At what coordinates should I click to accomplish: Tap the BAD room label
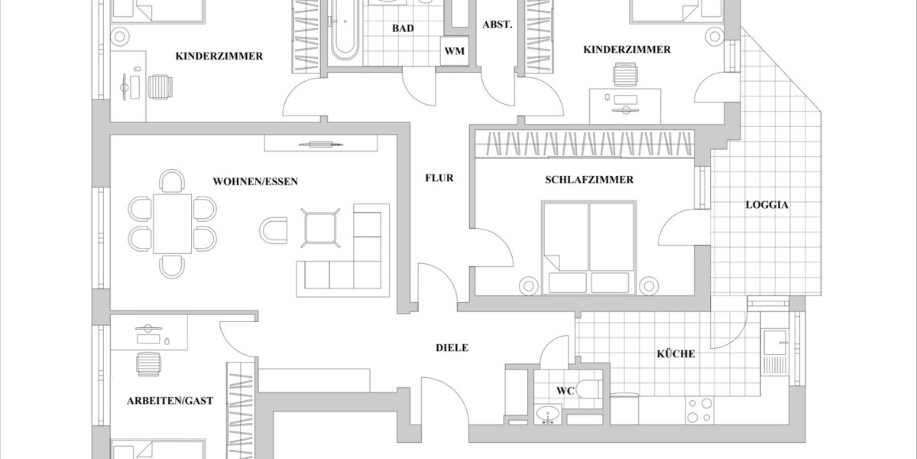[x=403, y=28]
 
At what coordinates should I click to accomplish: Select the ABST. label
[x=497, y=24]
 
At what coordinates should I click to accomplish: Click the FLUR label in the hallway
[x=439, y=178]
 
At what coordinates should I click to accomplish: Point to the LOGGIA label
[x=767, y=205]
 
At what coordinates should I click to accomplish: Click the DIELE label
[x=452, y=348]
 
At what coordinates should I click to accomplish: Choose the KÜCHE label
[x=676, y=354]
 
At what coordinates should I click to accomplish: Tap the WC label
[x=565, y=391]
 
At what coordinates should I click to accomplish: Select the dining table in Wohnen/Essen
[x=172, y=223]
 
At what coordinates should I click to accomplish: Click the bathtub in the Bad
[x=344, y=31]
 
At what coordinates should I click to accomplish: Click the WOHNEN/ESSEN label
[x=255, y=182]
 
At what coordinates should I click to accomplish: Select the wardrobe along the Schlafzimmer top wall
[x=585, y=144]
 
